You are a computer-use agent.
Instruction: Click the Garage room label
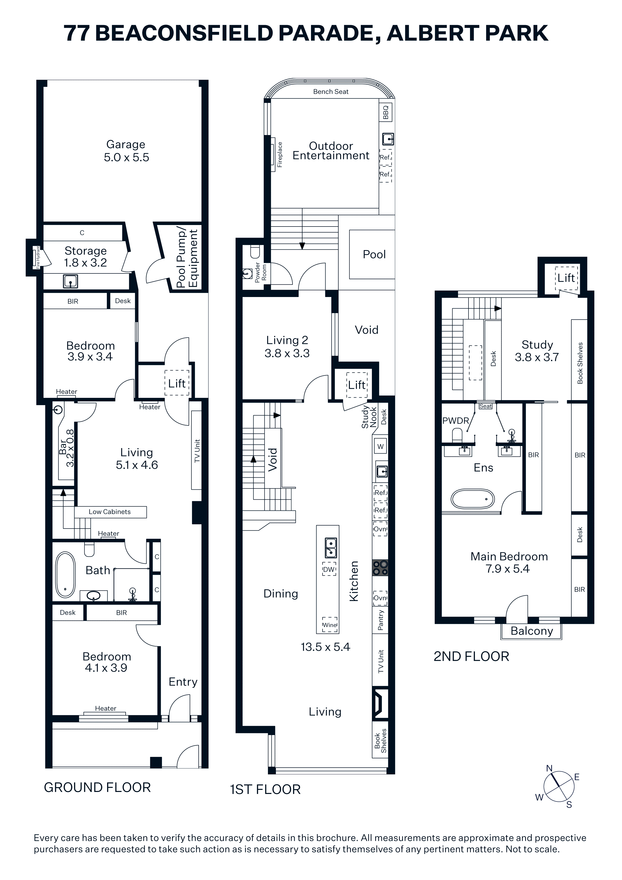tap(126, 144)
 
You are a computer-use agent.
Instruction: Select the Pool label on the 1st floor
tap(374, 255)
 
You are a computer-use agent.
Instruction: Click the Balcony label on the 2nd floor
tap(531, 631)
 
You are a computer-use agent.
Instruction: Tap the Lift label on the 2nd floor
tap(566, 278)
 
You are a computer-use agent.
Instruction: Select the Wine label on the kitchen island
tap(330, 625)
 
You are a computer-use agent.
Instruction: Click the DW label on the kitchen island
tap(329, 569)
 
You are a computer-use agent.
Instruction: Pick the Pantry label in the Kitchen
tap(380, 620)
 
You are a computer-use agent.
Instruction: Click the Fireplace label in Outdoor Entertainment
tap(280, 155)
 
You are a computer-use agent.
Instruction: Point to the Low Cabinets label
tap(110, 512)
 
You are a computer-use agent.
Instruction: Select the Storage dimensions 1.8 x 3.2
tap(85, 263)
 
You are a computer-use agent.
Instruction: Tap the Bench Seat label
tap(331, 92)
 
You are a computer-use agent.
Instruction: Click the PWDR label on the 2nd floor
tap(456, 420)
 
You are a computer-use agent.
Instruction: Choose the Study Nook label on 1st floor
tap(369, 417)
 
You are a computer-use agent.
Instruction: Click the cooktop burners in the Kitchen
tap(380, 568)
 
